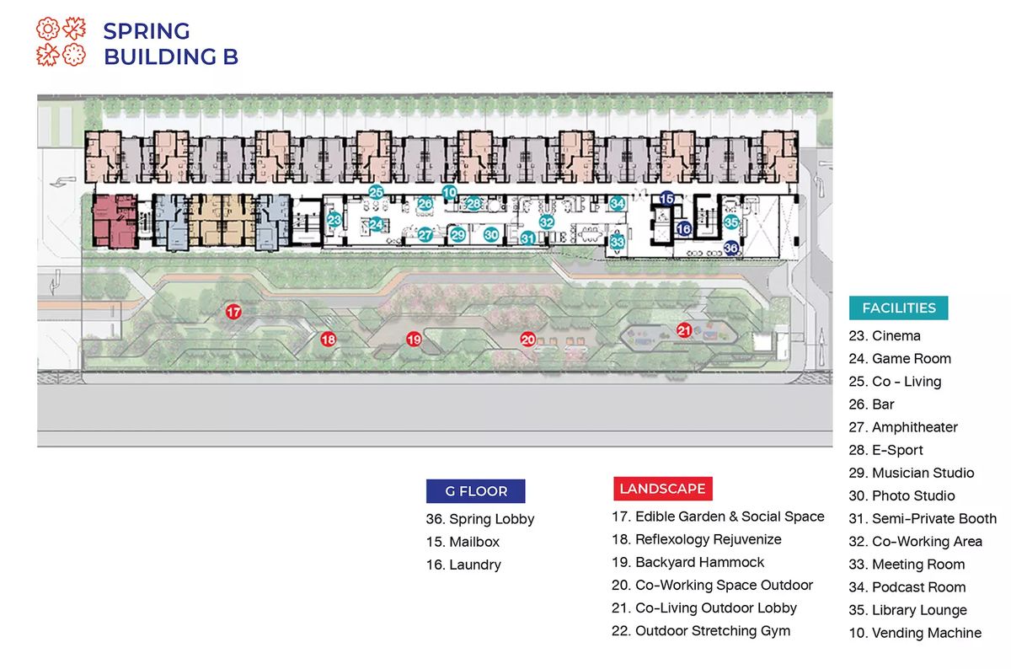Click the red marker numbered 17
pyautogui.click(x=233, y=312)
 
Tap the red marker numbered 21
pyautogui.click(x=684, y=330)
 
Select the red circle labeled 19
pyautogui.click(x=414, y=339)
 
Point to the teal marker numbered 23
pyautogui.click(x=334, y=220)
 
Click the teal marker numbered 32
pyautogui.click(x=547, y=222)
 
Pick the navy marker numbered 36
pyautogui.click(x=731, y=248)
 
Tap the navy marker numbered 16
pyautogui.click(x=684, y=229)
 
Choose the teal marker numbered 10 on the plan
pyautogui.click(x=450, y=193)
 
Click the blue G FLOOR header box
pyautogui.click(x=476, y=491)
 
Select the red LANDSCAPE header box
pyautogui.click(x=662, y=489)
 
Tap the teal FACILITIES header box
pyautogui.click(x=898, y=308)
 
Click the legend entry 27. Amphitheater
pyautogui.click(x=903, y=427)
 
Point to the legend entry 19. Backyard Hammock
pyautogui.click(x=687, y=562)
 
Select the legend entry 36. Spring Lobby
pyautogui.click(x=480, y=519)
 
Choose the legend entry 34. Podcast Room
pyautogui.click(x=907, y=586)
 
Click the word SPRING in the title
pyautogui.click(x=147, y=31)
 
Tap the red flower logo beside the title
pyautogui.click(x=61, y=41)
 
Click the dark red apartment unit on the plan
pyautogui.click(x=115, y=222)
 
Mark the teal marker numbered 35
pyautogui.click(x=731, y=222)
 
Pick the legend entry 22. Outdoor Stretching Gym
pyautogui.click(x=701, y=630)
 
